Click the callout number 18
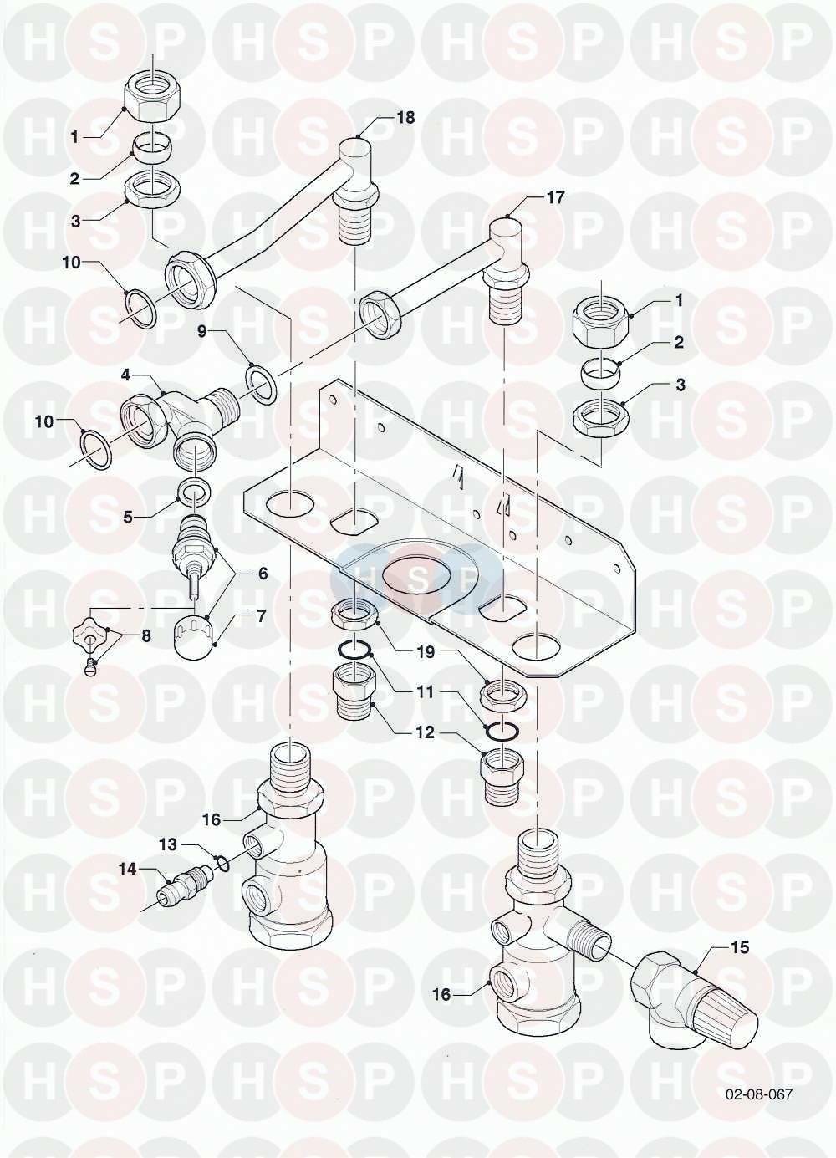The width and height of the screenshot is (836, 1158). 405,118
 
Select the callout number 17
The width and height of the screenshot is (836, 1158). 555,198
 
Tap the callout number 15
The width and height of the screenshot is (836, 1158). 739,948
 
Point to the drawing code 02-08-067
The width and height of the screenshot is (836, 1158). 758,1094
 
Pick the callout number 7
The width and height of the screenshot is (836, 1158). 261,616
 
